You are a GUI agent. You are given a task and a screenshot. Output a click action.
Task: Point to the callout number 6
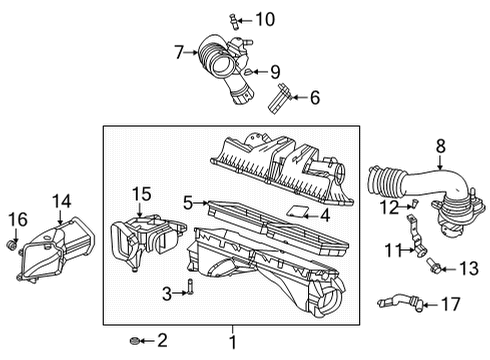coord(314,97)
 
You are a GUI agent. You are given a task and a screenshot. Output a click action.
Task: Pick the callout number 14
coord(62,201)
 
